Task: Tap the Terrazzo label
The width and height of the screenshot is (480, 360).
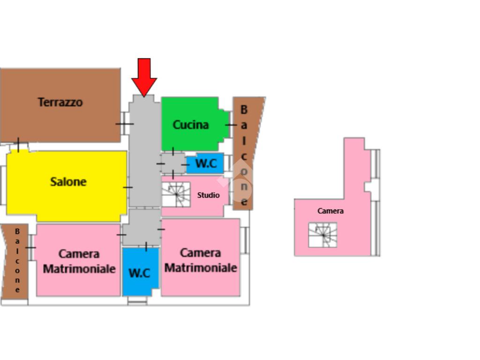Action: (x=60, y=102)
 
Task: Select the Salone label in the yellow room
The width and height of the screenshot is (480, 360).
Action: (x=68, y=181)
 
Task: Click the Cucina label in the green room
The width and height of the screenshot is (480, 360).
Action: (x=191, y=125)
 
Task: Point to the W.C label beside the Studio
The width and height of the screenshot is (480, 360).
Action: (x=206, y=164)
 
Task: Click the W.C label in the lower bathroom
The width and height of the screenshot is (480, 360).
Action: (x=139, y=273)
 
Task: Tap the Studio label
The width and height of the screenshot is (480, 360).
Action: (x=208, y=195)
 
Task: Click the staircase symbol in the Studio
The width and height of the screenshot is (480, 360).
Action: (x=176, y=194)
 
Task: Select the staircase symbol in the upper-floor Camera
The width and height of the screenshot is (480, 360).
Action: (x=322, y=235)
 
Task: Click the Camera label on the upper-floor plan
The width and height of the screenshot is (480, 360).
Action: (x=330, y=211)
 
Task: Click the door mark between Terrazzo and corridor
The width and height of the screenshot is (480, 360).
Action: (x=124, y=124)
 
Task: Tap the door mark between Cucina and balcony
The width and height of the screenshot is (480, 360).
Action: (x=231, y=125)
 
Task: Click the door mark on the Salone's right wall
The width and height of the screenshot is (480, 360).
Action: (x=127, y=187)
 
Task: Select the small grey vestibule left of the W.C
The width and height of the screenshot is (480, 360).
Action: (x=173, y=163)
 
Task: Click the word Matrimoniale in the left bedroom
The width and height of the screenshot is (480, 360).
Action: (x=79, y=269)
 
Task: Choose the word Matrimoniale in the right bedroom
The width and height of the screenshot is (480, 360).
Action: (x=201, y=268)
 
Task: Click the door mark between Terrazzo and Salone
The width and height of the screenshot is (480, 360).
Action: (x=18, y=145)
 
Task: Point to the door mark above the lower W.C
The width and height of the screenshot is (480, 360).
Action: (x=146, y=246)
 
